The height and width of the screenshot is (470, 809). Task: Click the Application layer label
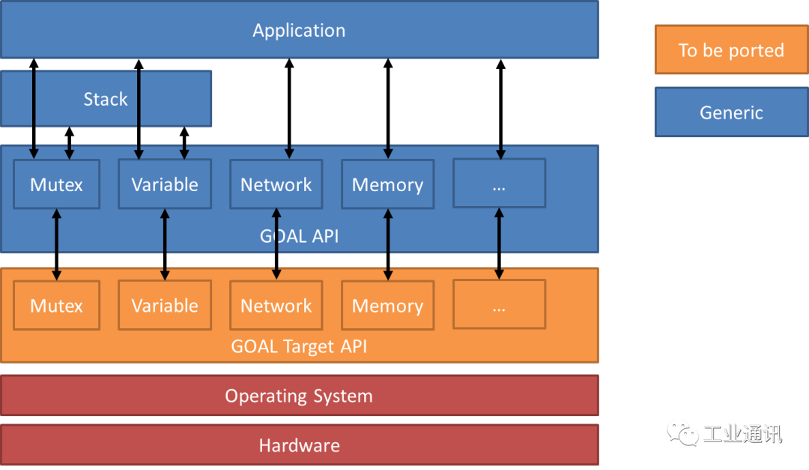299,31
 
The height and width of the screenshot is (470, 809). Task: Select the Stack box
106,99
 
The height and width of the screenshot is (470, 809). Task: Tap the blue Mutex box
56,184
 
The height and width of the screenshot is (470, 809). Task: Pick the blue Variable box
165,184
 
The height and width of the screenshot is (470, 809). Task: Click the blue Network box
276,184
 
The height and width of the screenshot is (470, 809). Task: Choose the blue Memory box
387,184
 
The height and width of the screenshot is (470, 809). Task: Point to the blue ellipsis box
499,184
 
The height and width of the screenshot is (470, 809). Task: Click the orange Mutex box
56,306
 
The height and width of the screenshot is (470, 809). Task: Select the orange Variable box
165,306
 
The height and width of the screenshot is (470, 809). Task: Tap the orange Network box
276,306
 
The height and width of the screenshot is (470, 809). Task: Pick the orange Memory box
387,306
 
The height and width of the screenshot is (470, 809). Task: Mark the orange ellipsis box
499,305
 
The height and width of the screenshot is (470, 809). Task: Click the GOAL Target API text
299,347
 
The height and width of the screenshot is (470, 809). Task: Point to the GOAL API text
299,236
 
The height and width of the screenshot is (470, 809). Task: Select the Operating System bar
299,396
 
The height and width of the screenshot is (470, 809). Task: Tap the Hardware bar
299,446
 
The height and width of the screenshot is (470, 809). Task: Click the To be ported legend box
731,50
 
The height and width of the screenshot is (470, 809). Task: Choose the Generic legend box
731,112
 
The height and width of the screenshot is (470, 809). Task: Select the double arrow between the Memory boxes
387,244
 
